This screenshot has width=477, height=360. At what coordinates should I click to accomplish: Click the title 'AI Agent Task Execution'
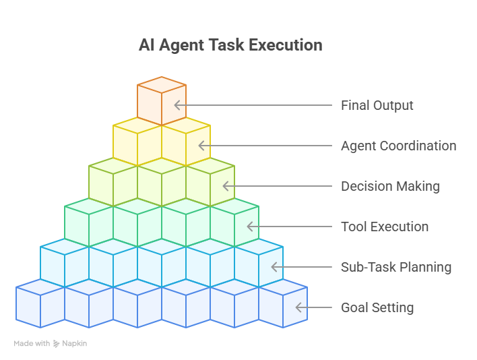pos(230,46)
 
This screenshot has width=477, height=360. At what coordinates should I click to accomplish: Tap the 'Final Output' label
pos(377,105)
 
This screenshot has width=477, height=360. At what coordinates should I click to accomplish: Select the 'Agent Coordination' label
pos(398,146)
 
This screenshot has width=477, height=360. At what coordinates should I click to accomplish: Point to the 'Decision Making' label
pos(390,186)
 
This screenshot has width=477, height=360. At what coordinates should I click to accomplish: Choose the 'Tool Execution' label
pos(384,227)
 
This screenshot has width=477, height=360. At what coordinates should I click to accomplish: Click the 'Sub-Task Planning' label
pos(395,267)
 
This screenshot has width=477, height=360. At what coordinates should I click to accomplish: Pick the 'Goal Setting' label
pos(377,307)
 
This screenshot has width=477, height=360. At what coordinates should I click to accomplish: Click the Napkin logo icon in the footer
pos(57,344)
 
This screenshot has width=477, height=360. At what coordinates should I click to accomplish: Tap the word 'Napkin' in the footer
pos(75,344)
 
